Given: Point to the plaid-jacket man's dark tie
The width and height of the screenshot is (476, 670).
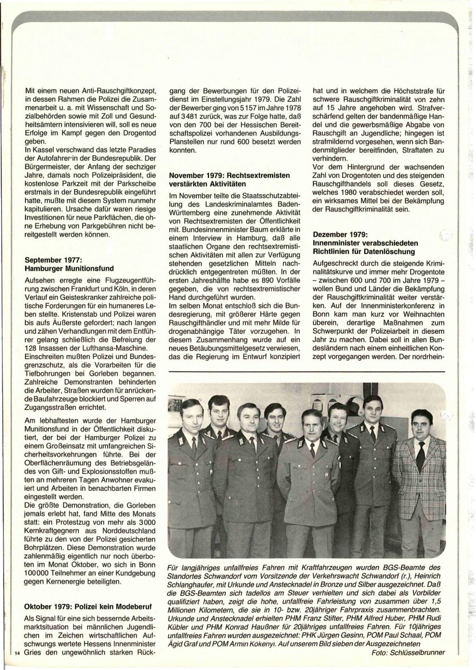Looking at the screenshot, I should click(420, 455).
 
